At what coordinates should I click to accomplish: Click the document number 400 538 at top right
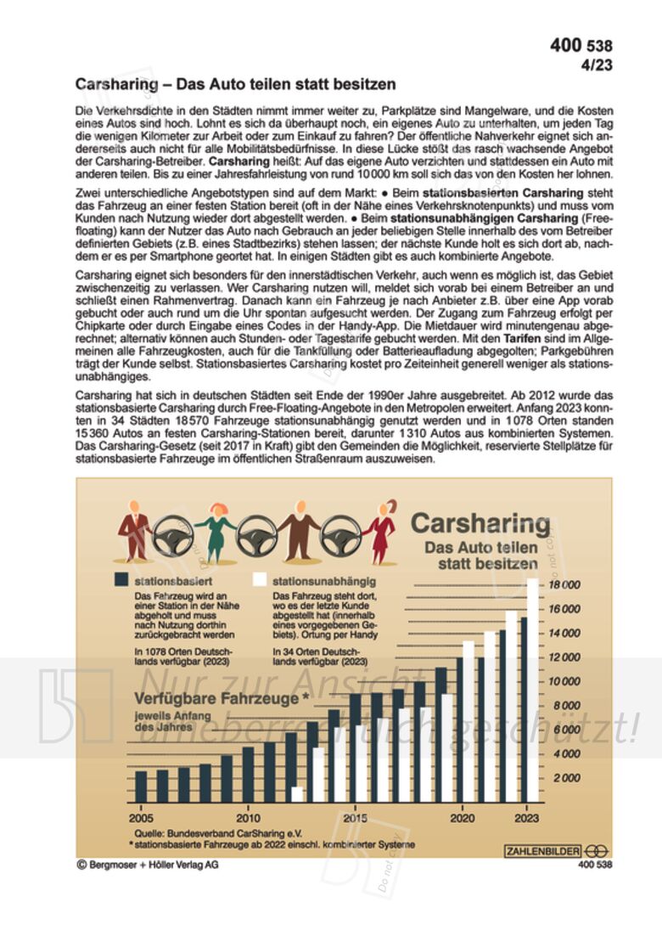581,46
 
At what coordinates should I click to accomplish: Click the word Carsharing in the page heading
115,85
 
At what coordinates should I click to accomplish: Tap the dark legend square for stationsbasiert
121,580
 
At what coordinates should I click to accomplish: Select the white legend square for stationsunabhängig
261,580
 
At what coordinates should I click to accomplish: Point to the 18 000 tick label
564,585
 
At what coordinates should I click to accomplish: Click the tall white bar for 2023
533,691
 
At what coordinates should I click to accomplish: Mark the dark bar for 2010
248,775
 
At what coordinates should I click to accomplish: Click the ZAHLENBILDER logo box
543,850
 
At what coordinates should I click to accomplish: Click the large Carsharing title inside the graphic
480,523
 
